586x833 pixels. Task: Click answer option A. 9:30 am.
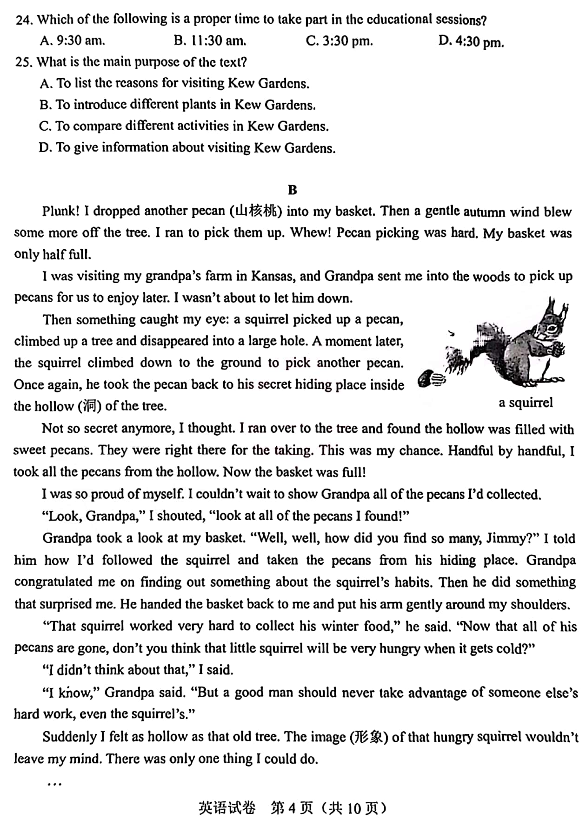tap(72, 40)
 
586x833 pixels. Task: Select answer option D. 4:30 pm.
tap(471, 41)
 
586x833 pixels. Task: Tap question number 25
tap(23, 62)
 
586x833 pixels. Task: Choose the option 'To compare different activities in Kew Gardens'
tap(184, 126)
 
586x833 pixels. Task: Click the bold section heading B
tap(292, 190)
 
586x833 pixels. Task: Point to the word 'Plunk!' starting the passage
tap(61, 211)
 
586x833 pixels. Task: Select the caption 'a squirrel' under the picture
tap(526, 403)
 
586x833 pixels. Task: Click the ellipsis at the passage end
tap(54, 785)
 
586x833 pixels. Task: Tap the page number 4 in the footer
tap(292, 809)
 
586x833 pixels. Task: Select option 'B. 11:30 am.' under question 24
tap(210, 40)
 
